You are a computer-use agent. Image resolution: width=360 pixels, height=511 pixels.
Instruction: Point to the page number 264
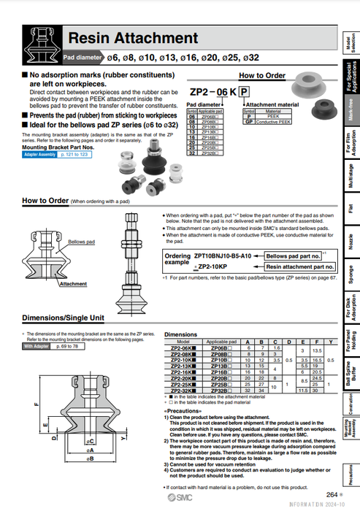332,494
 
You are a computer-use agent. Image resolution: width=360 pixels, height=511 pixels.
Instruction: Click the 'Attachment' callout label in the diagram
73,284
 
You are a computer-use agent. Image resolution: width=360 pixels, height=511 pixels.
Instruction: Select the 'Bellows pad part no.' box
293,256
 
